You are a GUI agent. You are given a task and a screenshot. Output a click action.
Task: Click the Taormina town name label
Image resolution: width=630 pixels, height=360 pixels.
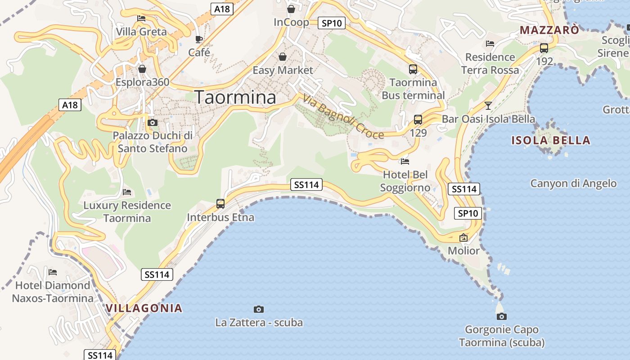pyautogui.click(x=235, y=98)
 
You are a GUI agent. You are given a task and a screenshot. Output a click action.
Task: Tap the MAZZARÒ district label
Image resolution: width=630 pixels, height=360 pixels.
pyautogui.click(x=549, y=30)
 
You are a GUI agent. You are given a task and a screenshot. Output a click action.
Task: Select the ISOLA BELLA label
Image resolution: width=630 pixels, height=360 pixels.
pyautogui.click(x=551, y=140)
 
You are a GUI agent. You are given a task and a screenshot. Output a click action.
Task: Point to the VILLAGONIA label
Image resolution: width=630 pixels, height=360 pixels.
pyautogui.click(x=144, y=308)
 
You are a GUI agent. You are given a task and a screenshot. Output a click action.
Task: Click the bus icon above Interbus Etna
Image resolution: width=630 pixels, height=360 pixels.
pyautogui.click(x=220, y=203)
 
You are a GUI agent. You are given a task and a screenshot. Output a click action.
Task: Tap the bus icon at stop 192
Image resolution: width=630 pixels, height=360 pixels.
pyautogui.click(x=544, y=48)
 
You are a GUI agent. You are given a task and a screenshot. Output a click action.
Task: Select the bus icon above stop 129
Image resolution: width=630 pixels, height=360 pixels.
pyautogui.click(x=418, y=120)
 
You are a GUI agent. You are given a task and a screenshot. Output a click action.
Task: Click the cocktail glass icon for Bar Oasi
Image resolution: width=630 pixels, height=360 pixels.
pyautogui.click(x=488, y=106)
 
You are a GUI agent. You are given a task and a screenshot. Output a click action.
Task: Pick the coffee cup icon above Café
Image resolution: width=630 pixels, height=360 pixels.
pyautogui.click(x=199, y=39)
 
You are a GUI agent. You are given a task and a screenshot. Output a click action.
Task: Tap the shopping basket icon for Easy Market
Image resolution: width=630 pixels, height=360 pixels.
pyautogui.click(x=283, y=57)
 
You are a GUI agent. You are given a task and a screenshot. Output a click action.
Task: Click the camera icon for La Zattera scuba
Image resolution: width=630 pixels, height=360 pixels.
pyautogui.click(x=259, y=309)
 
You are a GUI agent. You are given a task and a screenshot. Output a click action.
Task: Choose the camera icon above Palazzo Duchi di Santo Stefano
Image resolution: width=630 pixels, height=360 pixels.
pyautogui.click(x=153, y=122)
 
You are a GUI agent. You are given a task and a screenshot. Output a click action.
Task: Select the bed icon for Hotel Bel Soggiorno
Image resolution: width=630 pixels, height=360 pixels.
pyautogui.click(x=405, y=161)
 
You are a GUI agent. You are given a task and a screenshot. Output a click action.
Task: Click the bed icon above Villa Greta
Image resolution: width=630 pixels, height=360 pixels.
pyautogui.click(x=141, y=18)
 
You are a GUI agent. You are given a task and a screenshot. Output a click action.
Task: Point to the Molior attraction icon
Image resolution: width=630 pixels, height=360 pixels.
pyautogui.click(x=463, y=238)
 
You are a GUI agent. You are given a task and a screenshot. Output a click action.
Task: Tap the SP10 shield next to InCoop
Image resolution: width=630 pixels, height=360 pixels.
pyautogui.click(x=332, y=23)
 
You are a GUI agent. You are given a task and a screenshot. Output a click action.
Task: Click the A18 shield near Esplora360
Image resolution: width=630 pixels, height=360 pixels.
pyautogui.click(x=70, y=105)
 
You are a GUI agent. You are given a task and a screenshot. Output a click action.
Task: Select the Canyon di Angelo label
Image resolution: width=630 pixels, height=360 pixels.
pyautogui.click(x=573, y=183)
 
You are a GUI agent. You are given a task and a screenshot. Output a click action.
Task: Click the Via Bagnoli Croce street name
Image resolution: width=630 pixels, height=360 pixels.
pyautogui.click(x=343, y=117)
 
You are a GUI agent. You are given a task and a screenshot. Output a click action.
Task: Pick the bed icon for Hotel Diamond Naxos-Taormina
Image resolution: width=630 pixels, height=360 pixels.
pyautogui.click(x=53, y=272)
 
